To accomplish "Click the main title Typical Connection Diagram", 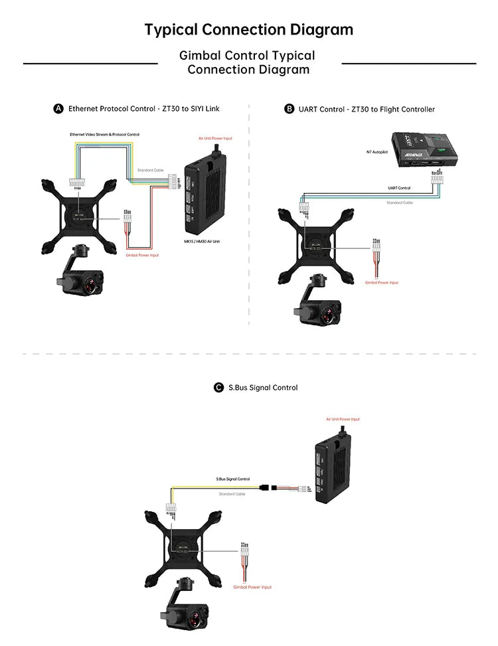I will pyautogui.click(x=249, y=30).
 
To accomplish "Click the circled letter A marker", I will pyautogui.click(x=58, y=109).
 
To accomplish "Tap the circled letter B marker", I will pyautogui.click(x=289, y=109).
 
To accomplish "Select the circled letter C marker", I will pyautogui.click(x=218, y=388).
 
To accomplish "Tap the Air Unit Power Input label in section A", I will pyautogui.click(x=215, y=139).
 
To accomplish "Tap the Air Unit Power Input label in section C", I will pyautogui.click(x=343, y=419).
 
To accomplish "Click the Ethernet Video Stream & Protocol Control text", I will pyautogui.click(x=104, y=135).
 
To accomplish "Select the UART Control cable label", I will pyautogui.click(x=399, y=188).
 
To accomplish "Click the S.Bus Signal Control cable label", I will pyautogui.click(x=233, y=479).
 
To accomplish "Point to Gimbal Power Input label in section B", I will pyautogui.click(x=382, y=282).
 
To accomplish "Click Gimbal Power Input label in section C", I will pyautogui.click(x=252, y=587).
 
